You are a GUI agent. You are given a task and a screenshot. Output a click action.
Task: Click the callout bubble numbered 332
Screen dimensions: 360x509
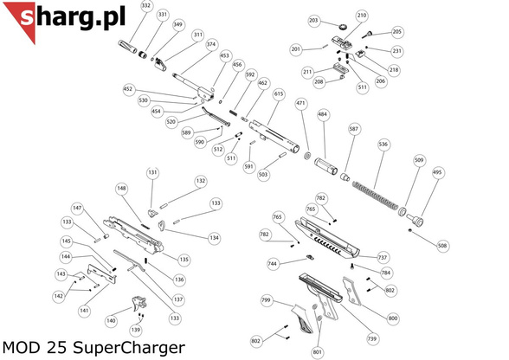[x=145, y=6]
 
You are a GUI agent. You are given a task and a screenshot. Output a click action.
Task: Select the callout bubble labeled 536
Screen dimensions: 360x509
[x=383, y=144]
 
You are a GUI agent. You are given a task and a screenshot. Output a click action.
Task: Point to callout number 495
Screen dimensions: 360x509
[x=437, y=172]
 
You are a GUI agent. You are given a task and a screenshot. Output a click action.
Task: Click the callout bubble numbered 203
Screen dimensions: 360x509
[x=313, y=21]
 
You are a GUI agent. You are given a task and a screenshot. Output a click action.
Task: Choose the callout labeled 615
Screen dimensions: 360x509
[x=279, y=93]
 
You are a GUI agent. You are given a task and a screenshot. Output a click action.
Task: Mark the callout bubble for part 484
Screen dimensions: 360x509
[x=323, y=114]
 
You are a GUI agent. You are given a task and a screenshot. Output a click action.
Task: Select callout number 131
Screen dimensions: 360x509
[x=152, y=173]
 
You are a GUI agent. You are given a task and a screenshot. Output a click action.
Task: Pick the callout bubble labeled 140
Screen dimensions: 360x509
[x=111, y=320]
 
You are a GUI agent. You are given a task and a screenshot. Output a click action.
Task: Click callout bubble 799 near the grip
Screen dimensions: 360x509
[x=267, y=299]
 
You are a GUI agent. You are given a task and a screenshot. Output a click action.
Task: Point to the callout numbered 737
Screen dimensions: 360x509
[x=383, y=257]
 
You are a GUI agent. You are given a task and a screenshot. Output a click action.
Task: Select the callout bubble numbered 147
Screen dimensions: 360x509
[x=77, y=209]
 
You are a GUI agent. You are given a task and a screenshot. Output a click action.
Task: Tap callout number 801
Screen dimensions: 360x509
[x=317, y=351]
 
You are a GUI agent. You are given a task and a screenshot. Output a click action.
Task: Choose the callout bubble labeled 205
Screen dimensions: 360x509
[x=397, y=32]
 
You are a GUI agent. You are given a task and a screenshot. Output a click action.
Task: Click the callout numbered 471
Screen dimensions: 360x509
[x=301, y=104]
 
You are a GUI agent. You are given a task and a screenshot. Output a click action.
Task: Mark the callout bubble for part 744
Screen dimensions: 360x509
[x=272, y=263]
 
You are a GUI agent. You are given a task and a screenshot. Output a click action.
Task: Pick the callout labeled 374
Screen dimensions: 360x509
[x=212, y=44]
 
